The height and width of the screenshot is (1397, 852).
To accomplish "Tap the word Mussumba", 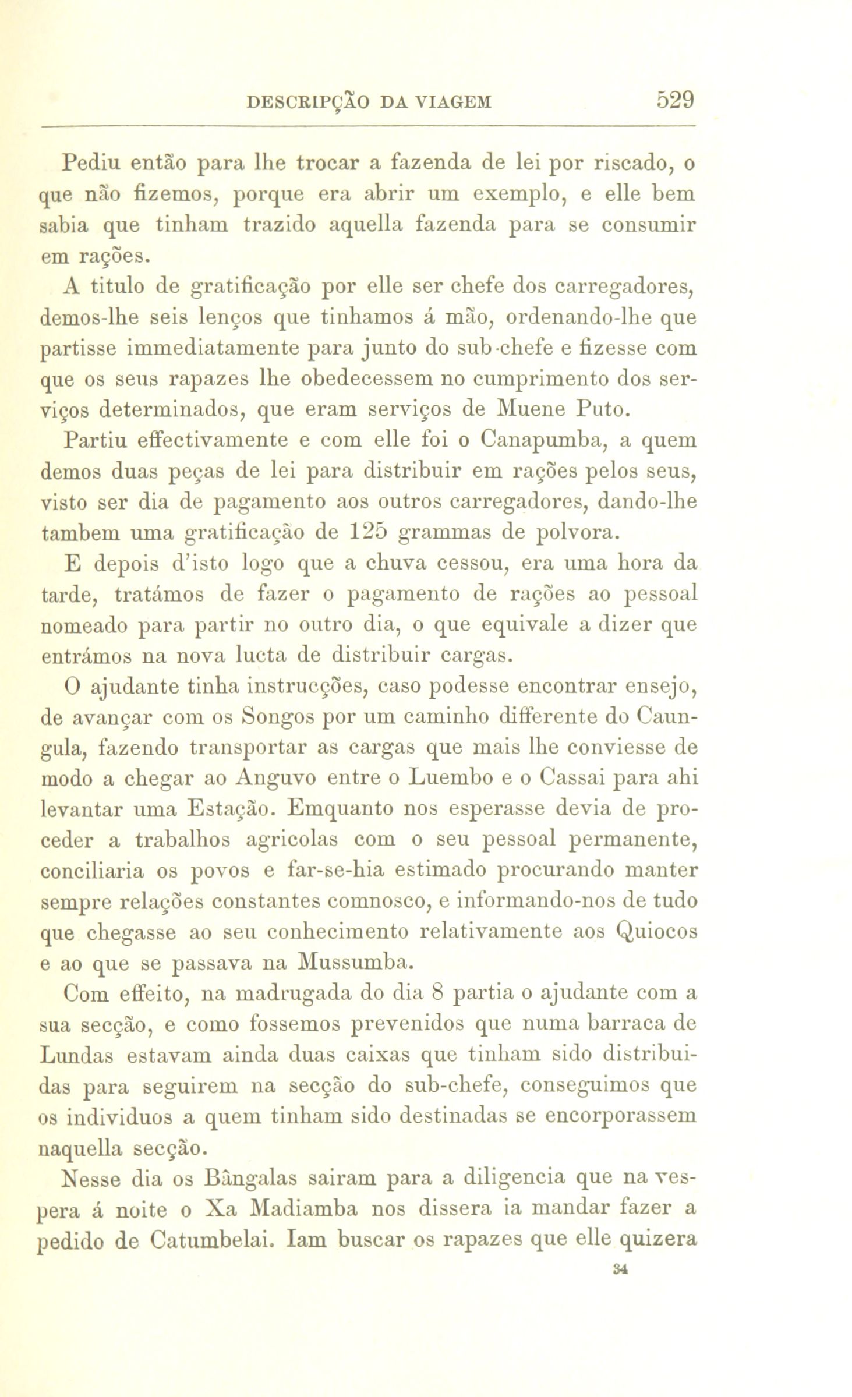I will [355, 961].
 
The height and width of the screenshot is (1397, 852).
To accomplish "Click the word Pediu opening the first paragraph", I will [92, 164].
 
